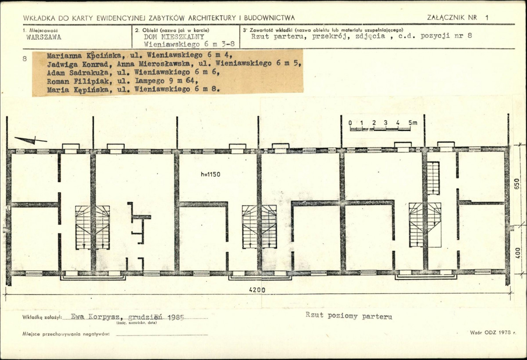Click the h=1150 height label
pos(210,175)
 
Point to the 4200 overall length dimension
pos(257,290)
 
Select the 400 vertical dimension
pos(517,253)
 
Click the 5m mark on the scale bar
pos(413,123)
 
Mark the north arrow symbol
pos(31,140)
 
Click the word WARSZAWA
pos(44,37)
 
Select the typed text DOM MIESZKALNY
pos(174,37)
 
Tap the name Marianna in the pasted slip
pos(64,55)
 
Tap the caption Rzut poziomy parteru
pos(349,316)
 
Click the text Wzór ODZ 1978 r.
pos(493,333)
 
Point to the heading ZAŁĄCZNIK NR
pos(452,18)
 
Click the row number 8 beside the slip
pos(25,58)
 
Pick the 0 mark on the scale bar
pos(350,123)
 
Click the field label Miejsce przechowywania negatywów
pos(66,334)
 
